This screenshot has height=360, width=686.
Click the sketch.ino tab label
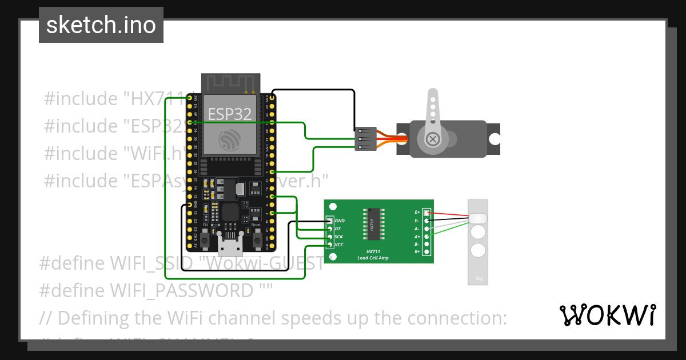pyautogui.click(x=101, y=25)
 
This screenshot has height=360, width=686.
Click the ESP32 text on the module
pyautogui.click(x=229, y=113)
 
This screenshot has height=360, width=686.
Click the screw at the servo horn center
pyautogui.click(x=433, y=138)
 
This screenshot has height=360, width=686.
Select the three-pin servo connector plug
pyautogui.click(x=365, y=139)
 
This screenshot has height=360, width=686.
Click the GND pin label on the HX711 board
pyautogui.click(x=340, y=220)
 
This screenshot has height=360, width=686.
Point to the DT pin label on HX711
pyautogui.click(x=338, y=229)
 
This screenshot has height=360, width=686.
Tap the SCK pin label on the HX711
pyautogui.click(x=339, y=237)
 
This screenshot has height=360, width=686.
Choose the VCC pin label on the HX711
pyautogui.click(x=339, y=245)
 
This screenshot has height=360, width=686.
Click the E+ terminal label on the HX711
pyautogui.click(x=417, y=212)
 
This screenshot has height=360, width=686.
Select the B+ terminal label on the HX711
pyautogui.click(x=417, y=251)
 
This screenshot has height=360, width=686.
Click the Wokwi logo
pyautogui.click(x=607, y=315)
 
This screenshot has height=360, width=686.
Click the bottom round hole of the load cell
pyautogui.click(x=478, y=250)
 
